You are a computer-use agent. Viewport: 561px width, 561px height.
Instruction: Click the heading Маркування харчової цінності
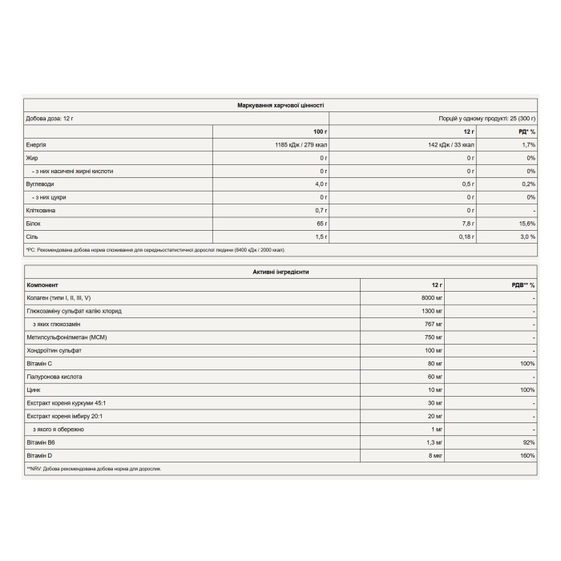[280, 105]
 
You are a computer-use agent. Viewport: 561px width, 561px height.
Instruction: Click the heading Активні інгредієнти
[280, 272]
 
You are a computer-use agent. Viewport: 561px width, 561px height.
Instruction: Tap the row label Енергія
[36, 144]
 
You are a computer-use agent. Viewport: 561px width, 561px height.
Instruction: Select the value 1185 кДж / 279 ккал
[297, 144]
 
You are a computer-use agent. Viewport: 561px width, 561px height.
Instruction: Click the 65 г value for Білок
[321, 224]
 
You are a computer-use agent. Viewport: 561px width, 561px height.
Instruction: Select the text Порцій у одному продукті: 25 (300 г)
[486, 118]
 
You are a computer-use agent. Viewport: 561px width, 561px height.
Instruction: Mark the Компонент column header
[43, 285]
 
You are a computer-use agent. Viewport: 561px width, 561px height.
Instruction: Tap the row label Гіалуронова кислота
[54, 376]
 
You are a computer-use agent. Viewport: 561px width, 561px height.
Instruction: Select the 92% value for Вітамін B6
[527, 442]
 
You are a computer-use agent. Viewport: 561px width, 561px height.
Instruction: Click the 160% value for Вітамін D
[526, 455]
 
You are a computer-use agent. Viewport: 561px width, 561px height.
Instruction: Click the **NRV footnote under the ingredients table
[94, 469]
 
